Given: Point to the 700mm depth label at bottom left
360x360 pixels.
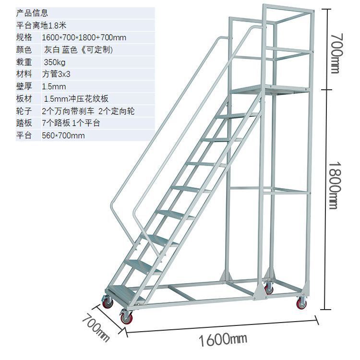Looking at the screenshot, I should pos(95,327).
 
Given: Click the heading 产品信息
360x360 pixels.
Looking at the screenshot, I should pos(32,13).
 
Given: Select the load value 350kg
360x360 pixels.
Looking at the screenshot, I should pos(55,62).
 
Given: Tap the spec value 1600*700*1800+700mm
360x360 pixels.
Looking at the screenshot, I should pos(84,37).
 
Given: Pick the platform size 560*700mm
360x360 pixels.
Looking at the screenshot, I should pos(63,135).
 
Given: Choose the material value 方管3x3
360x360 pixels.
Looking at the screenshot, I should pos(56,74).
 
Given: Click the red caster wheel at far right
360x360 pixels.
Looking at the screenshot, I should pos(301,303).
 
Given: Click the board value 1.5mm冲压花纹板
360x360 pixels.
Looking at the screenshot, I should pos(76,99).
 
